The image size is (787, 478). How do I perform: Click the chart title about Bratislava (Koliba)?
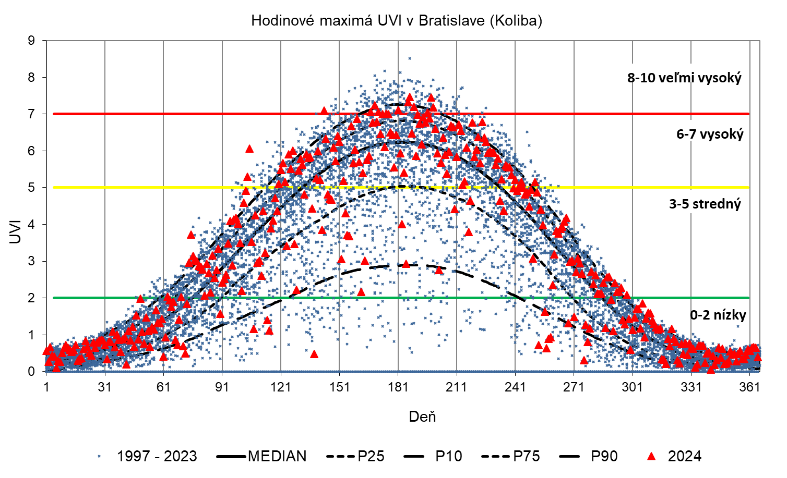[397, 20]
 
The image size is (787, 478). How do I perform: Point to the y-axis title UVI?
[15, 232]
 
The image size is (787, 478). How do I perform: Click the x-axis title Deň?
[422, 416]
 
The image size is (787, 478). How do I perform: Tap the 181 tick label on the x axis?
[398, 387]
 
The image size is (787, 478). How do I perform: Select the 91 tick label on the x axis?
[222, 387]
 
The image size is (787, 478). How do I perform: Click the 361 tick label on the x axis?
[749, 387]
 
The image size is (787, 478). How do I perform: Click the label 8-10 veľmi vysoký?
[684, 78]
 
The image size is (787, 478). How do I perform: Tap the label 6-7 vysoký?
[709, 134]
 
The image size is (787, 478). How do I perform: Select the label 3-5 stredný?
[705, 204]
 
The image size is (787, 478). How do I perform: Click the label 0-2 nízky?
[718, 315]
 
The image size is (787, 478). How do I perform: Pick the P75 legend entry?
[526, 457]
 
